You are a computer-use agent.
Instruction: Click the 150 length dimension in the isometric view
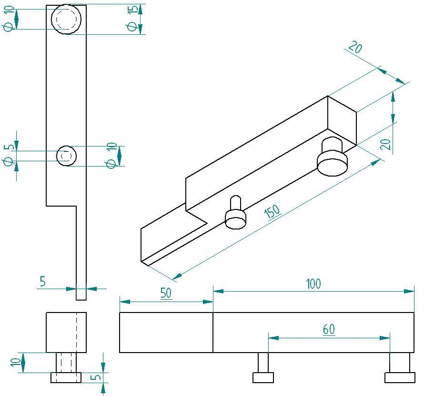[x=273, y=211]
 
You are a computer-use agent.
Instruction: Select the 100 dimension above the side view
[x=313, y=284]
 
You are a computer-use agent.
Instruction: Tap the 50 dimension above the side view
[x=166, y=293]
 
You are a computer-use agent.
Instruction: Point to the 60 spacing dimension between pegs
[x=329, y=329]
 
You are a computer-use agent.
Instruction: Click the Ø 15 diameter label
[x=132, y=19]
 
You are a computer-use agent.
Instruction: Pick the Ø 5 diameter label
[x=9, y=155]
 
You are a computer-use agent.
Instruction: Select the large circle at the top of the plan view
[x=66, y=19]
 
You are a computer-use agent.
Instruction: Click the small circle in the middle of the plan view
[x=66, y=156]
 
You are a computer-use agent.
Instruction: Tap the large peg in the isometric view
[x=332, y=156]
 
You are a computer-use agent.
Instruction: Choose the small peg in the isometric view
[x=236, y=213]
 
